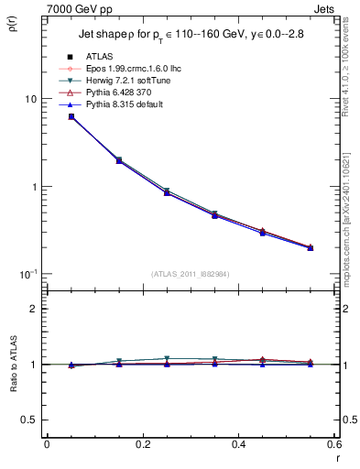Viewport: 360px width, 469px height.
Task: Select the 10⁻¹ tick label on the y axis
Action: [27, 274]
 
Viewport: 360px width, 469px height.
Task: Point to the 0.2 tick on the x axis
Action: [142, 445]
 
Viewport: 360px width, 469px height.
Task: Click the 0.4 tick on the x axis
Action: [238, 445]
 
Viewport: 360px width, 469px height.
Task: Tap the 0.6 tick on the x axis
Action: [333, 445]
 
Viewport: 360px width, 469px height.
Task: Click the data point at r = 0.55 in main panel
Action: [311, 247]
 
